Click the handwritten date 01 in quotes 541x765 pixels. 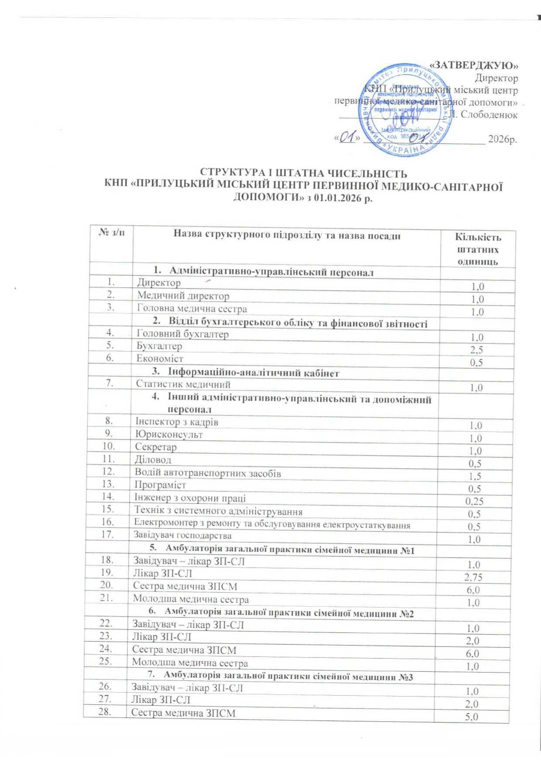coord(346,138)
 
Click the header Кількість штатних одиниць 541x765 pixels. coord(478,249)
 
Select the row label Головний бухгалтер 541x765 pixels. coord(182,334)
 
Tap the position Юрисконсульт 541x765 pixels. coord(169,435)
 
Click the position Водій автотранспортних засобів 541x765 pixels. coord(208,473)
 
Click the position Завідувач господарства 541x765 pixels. coord(182,535)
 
